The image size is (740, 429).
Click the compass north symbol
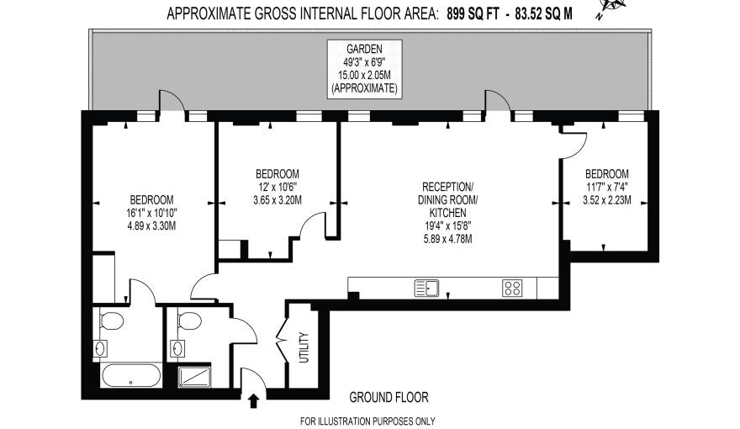coord(611,8)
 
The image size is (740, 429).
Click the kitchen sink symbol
coord(427,288)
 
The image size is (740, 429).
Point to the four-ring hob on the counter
coord(513,288)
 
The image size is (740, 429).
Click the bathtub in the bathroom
coord(132,375)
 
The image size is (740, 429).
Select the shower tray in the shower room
coord(203,376)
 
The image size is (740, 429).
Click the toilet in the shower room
coord(189,321)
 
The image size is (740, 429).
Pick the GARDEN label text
coord(365,49)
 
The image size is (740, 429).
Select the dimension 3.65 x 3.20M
coord(277,199)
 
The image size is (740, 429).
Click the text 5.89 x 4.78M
coord(448,239)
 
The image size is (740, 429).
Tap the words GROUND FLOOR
coord(388,396)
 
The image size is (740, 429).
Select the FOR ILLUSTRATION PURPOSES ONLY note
coord(367,421)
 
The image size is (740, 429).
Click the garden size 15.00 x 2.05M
coord(365,75)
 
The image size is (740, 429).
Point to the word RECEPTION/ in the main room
coord(448,186)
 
